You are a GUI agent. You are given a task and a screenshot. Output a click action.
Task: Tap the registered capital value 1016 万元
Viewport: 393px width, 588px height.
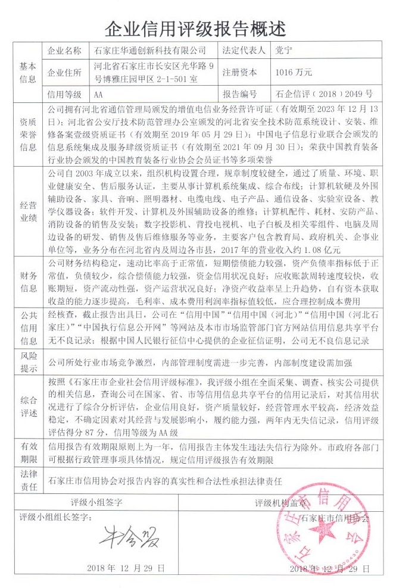coord(294,73)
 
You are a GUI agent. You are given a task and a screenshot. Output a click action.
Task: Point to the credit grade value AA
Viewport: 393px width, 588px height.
coord(99,95)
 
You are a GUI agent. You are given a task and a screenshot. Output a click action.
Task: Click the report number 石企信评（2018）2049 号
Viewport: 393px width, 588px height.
coord(325,95)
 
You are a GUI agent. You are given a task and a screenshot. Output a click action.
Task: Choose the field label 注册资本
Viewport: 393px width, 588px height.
coord(240,73)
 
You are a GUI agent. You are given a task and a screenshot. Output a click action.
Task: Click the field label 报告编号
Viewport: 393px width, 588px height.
coord(240,95)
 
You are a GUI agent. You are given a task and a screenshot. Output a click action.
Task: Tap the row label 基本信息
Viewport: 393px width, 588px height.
coord(28,72)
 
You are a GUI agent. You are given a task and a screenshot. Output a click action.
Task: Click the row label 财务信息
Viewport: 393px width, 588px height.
coord(28,282)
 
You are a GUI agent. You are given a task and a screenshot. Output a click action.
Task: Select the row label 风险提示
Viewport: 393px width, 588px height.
coord(28,361)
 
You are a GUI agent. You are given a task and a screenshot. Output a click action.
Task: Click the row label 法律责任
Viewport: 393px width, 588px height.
coord(28,480)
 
